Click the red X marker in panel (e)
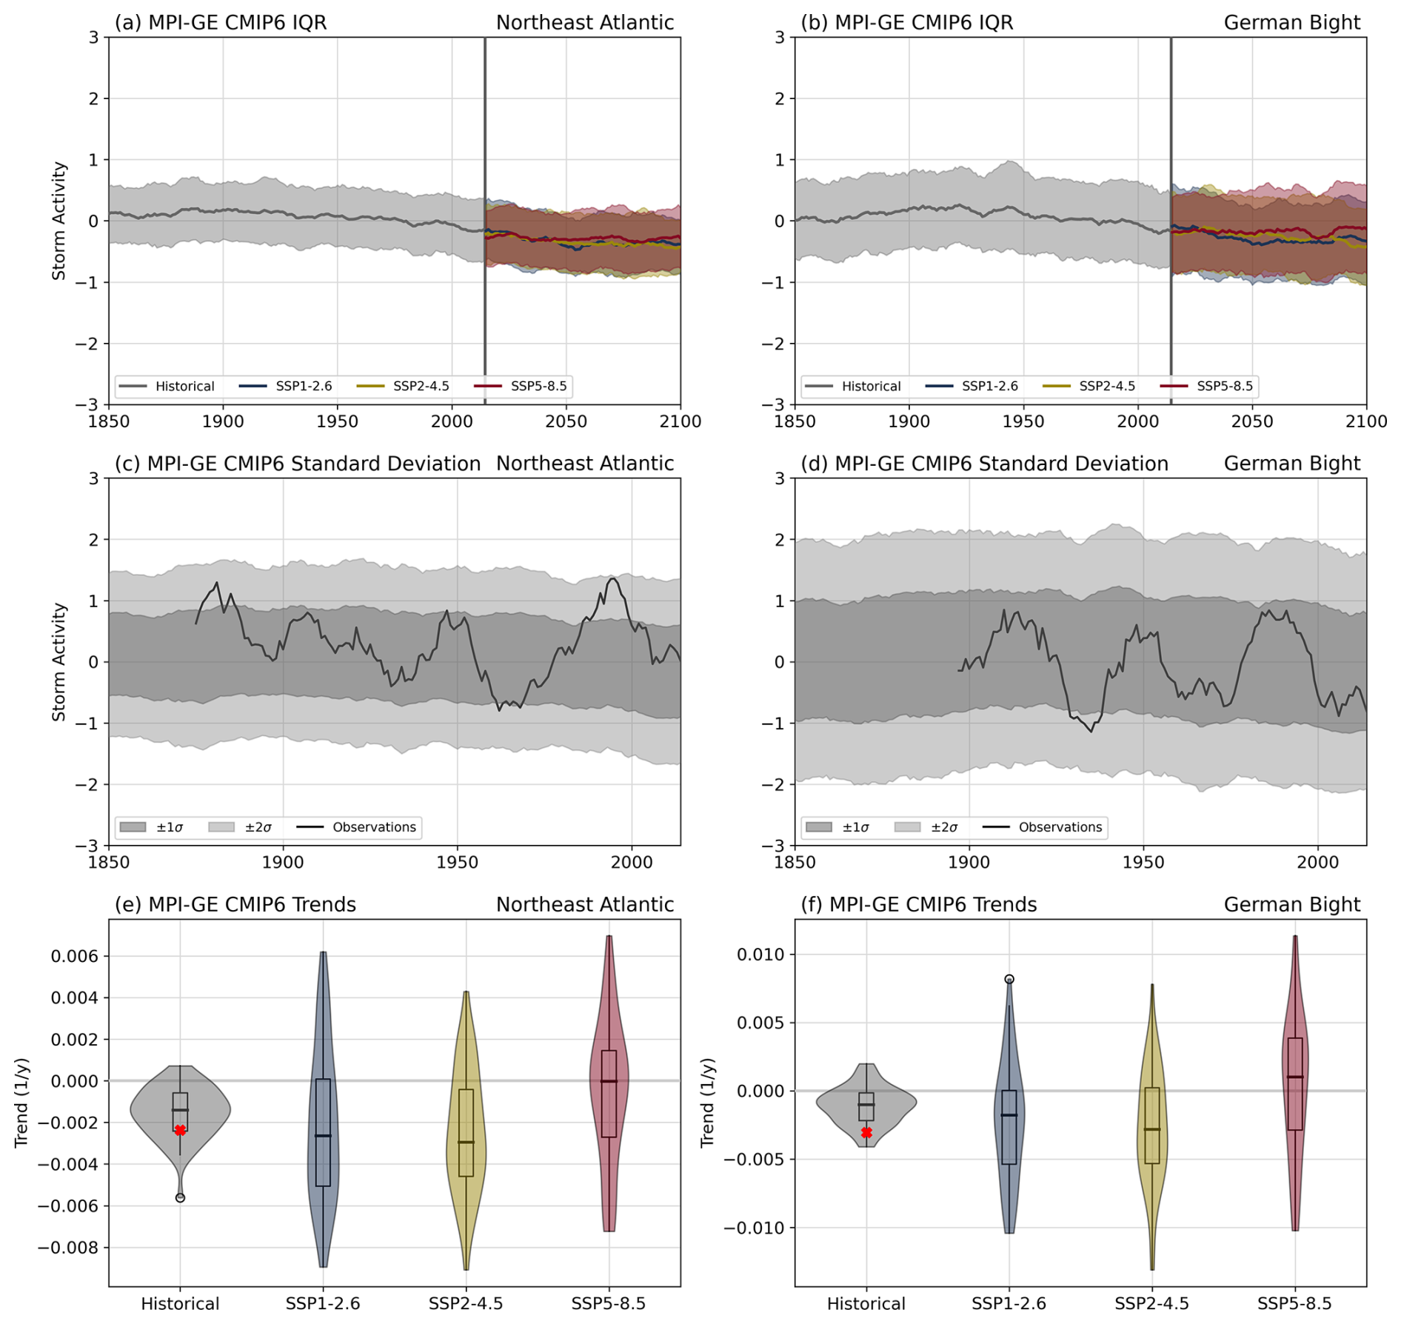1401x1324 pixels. pyautogui.click(x=180, y=1130)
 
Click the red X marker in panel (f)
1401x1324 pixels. pyautogui.click(x=866, y=1132)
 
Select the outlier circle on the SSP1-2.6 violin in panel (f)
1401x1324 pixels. pyautogui.click(x=1009, y=979)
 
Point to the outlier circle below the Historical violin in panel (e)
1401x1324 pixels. pyautogui.click(x=180, y=1197)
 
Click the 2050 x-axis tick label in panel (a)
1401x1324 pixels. pyautogui.click(x=566, y=422)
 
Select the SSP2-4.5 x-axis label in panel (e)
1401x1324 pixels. pyautogui.click(x=466, y=1303)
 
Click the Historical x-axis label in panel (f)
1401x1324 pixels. pyautogui.click(x=866, y=1303)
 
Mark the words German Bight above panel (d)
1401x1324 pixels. pyautogui.click(x=1291, y=464)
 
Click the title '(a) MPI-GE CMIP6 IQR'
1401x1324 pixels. pyautogui.click(x=220, y=23)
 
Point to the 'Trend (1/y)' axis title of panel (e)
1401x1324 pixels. pyautogui.click(x=21, y=1103)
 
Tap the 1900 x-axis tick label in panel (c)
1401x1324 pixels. pyautogui.click(x=283, y=863)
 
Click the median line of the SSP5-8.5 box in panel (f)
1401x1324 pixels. pyautogui.click(x=1294, y=1077)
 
